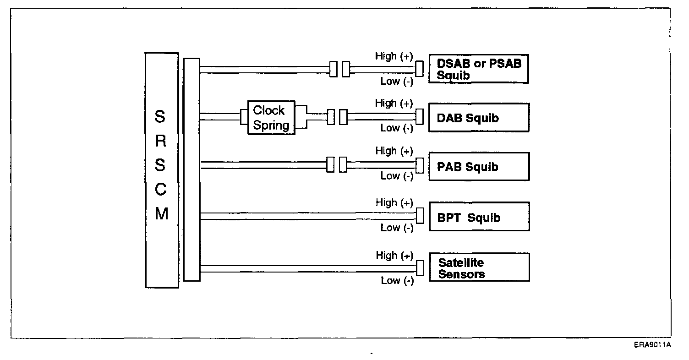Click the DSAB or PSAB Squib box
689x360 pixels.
pyautogui.click(x=478, y=69)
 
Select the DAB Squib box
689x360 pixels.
pyautogui.click(x=478, y=118)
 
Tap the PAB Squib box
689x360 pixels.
pyautogui.click(x=478, y=166)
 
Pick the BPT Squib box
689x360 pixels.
pyautogui.click(x=478, y=217)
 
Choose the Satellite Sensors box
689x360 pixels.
pyautogui.click(x=478, y=268)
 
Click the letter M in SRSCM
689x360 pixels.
pyautogui.click(x=161, y=213)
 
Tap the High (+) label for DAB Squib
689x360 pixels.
pyautogui.click(x=394, y=104)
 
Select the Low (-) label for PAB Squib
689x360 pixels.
pyautogui.click(x=397, y=176)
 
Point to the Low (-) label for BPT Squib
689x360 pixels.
pyautogui.click(x=397, y=228)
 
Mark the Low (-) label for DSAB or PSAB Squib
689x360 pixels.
pyautogui.click(x=397, y=82)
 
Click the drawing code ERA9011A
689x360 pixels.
pyautogui.click(x=652, y=345)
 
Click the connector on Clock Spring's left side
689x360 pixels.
pyautogui.click(x=244, y=117)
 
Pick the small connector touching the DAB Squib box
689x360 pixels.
pyautogui.click(x=419, y=117)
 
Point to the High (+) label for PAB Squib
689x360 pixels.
pyautogui.click(x=394, y=151)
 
